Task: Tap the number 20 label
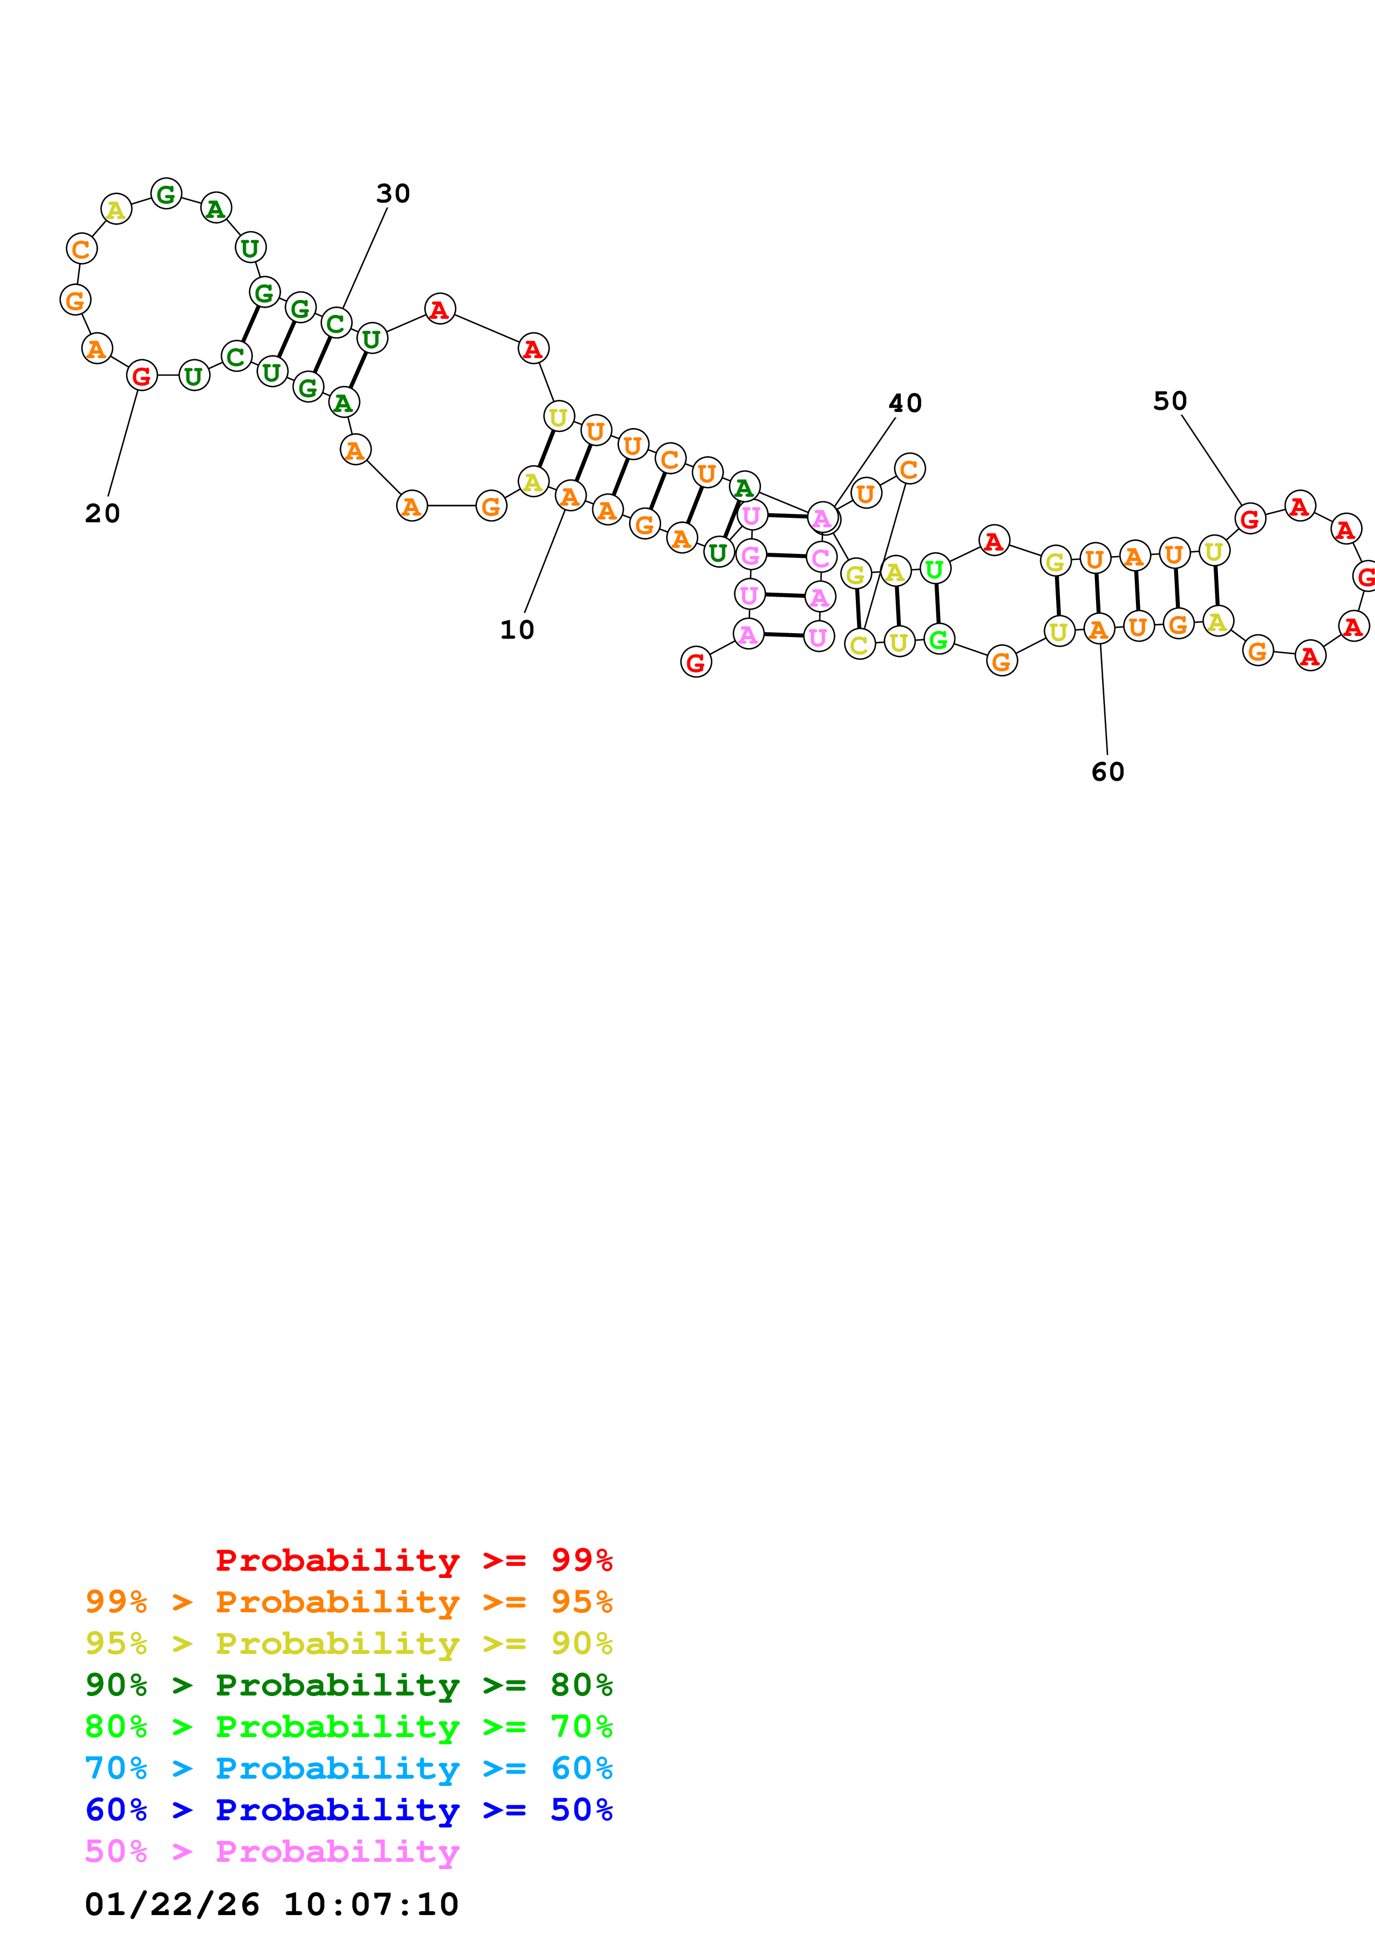click(103, 513)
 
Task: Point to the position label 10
click(517, 630)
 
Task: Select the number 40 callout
click(905, 403)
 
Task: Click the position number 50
click(1170, 401)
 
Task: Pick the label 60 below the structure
click(1107, 772)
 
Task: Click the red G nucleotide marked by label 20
click(141, 375)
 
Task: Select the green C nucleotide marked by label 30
click(336, 323)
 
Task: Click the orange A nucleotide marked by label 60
click(1099, 629)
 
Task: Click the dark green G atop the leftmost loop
click(166, 194)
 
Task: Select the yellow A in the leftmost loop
click(116, 208)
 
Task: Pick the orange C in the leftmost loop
click(82, 249)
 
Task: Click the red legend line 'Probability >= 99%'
click(413, 1560)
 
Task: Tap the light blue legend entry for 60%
click(349, 1768)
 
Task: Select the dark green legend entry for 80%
click(349, 1685)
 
